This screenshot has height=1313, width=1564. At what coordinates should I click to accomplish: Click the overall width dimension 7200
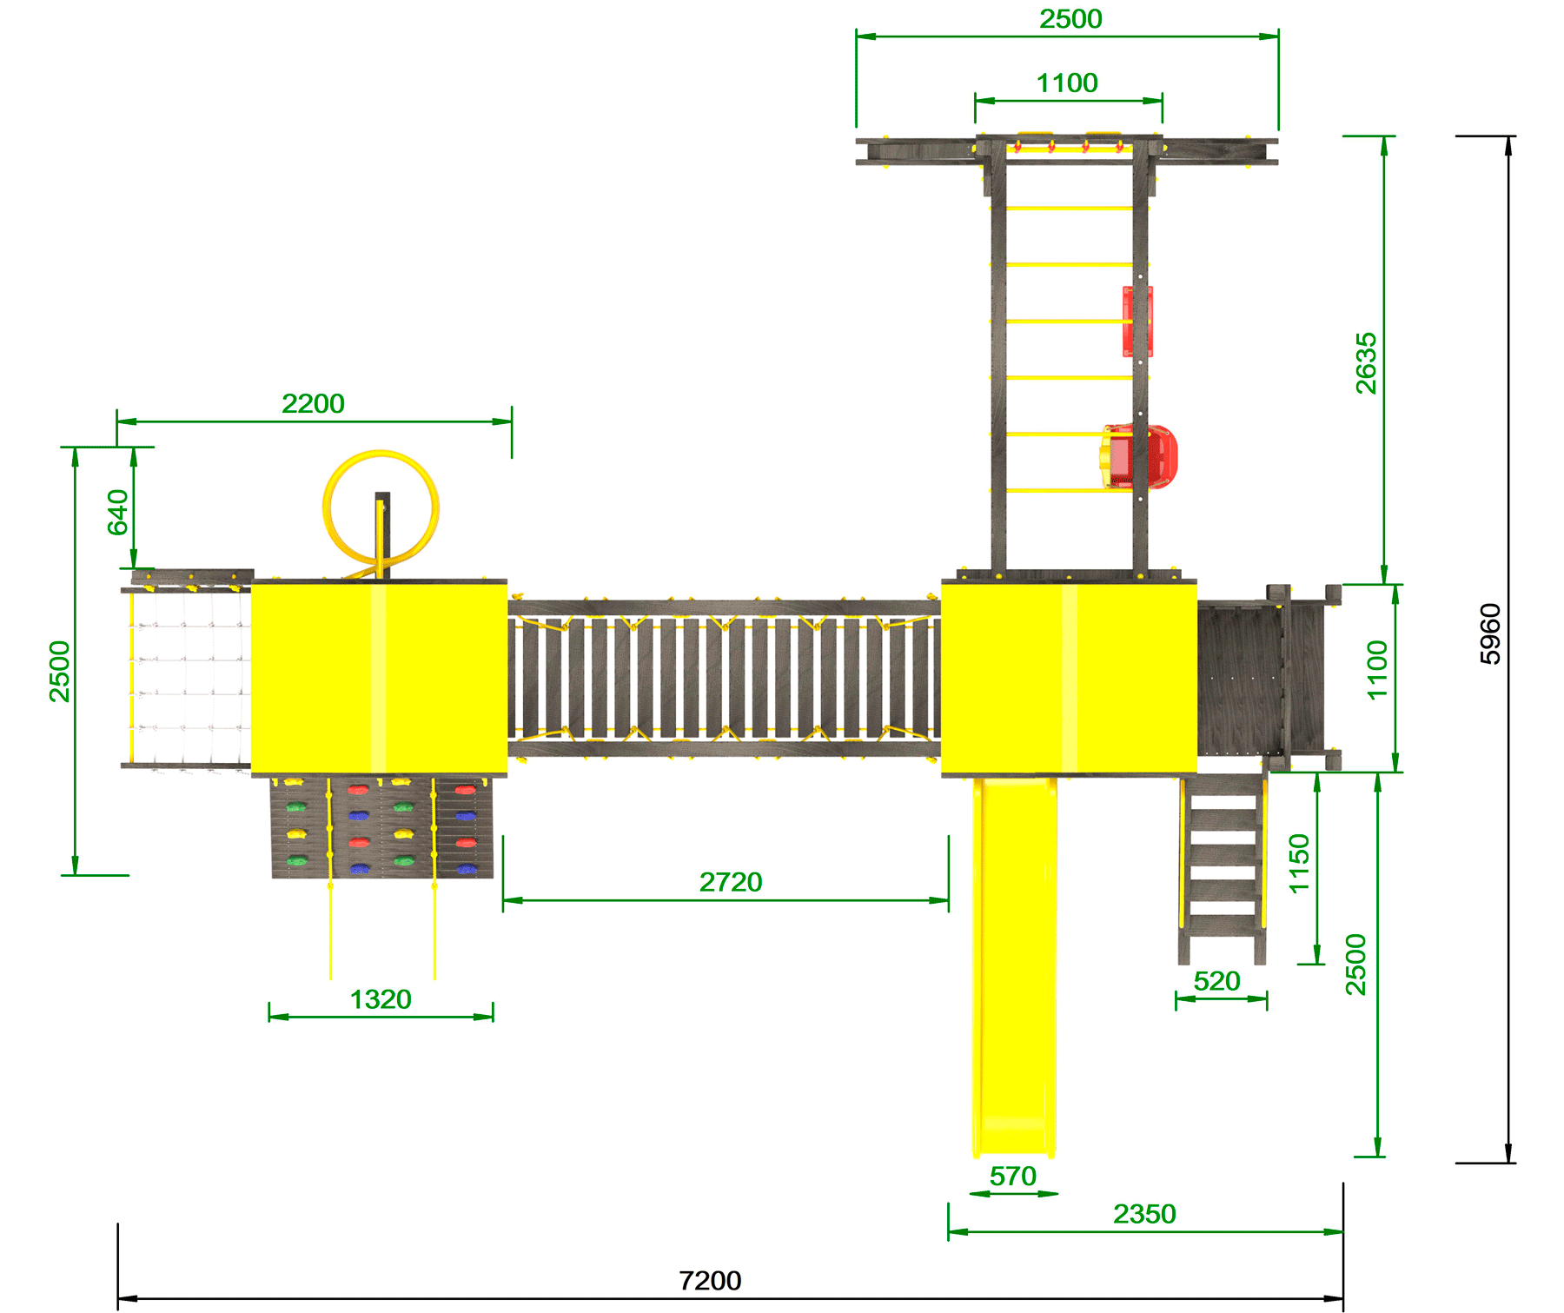click(x=710, y=1280)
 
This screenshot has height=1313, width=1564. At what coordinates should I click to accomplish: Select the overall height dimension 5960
click(x=1490, y=634)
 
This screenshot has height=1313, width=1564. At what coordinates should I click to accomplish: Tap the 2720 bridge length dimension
click(x=731, y=882)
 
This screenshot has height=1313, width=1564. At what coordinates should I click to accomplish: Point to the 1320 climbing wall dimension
click(x=381, y=999)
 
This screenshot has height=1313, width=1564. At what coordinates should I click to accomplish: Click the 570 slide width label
click(x=1013, y=1176)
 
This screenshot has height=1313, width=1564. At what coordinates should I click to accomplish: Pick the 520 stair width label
click(x=1216, y=981)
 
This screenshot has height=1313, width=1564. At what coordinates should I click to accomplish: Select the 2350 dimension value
click(x=1144, y=1214)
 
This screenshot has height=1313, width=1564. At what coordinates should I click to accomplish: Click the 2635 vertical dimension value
click(x=1366, y=363)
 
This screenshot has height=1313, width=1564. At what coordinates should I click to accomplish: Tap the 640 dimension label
click(x=117, y=513)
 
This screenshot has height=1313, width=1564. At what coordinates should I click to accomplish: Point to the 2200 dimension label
click(x=313, y=403)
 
